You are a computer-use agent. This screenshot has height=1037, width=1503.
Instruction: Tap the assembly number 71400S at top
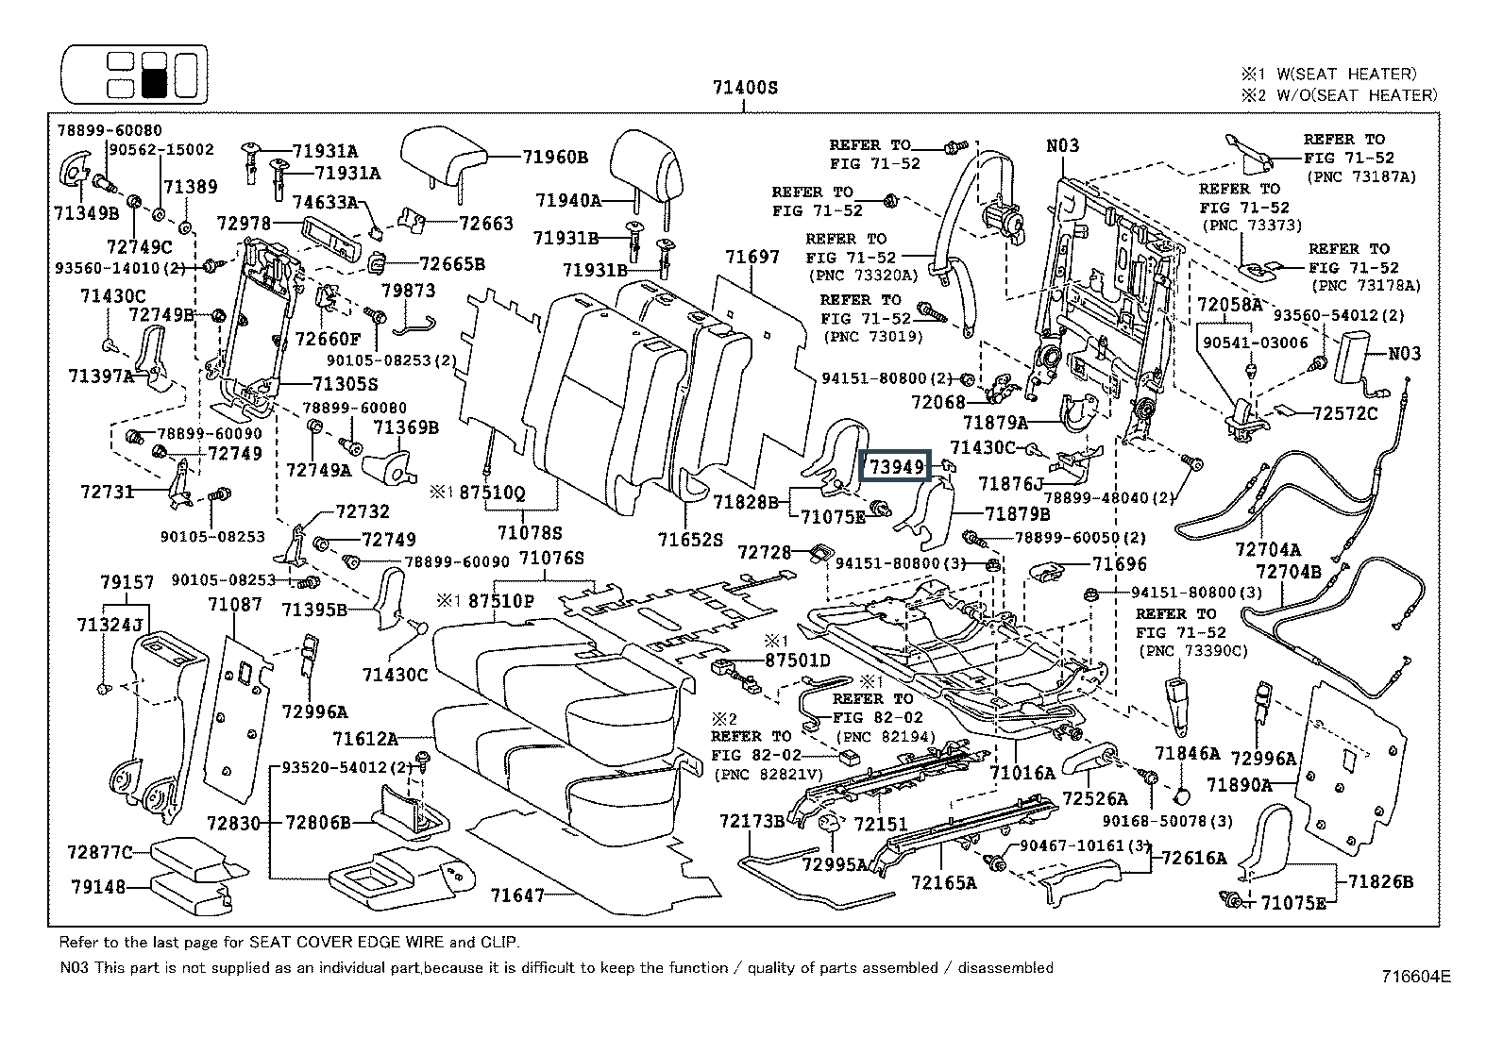pos(745,88)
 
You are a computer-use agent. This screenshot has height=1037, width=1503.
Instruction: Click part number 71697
pos(752,257)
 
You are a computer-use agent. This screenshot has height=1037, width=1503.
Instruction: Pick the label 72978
pos(244,224)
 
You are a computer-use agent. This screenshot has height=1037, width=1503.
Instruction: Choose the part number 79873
pos(408,291)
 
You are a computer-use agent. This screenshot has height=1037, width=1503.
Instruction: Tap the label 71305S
pos(346,384)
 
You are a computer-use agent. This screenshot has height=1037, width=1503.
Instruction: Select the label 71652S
pos(690,540)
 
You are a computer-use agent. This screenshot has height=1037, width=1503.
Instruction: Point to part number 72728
pos(765,552)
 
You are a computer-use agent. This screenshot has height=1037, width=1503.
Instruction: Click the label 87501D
pos(798,661)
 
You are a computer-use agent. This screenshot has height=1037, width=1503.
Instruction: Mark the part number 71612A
pos(365,739)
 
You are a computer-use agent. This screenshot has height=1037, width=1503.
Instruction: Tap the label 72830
pos(233,823)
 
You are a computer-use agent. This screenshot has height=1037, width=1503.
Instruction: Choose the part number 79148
pos(98,887)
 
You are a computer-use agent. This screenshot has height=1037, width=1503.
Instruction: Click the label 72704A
pos(1268,550)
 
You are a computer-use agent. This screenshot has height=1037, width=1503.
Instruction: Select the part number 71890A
pos(1240,785)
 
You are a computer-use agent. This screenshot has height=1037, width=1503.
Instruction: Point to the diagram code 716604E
pos(1416,976)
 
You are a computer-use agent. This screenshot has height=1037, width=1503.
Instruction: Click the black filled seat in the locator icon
pos(154,84)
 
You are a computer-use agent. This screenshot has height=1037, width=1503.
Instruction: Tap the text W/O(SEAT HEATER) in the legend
pos(1357,96)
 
